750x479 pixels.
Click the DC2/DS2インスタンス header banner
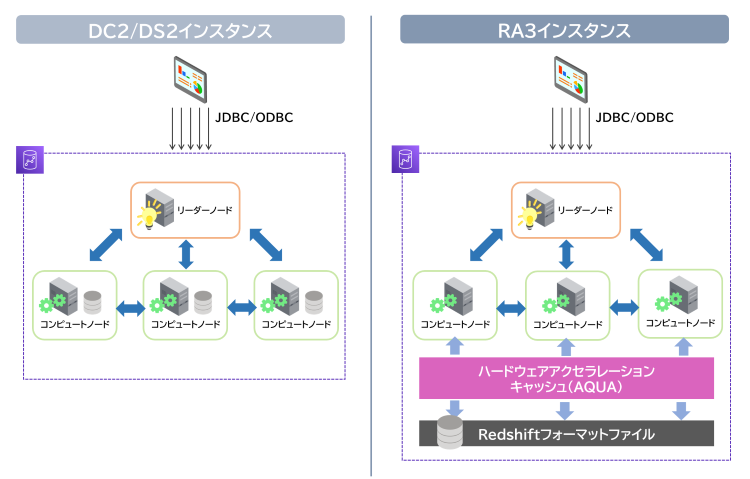pyautogui.click(x=180, y=30)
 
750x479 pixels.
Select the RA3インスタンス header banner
pyautogui.click(x=565, y=30)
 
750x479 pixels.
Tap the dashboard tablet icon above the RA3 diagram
pyautogui.click(x=570, y=81)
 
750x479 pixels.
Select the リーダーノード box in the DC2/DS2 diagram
pyautogui.click(x=186, y=209)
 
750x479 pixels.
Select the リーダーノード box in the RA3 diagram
pyautogui.click(x=565, y=209)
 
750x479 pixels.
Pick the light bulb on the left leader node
pyautogui.click(x=150, y=215)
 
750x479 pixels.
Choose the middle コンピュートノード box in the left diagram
pyautogui.click(x=186, y=305)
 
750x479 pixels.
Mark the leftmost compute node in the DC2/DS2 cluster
pyautogui.click(x=74, y=305)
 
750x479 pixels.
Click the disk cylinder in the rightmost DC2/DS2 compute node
pyautogui.click(x=314, y=300)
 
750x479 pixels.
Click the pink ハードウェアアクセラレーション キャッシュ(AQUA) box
pyautogui.click(x=565, y=379)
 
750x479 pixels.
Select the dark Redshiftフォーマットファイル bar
pyautogui.click(x=565, y=434)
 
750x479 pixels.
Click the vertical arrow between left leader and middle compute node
pyautogui.click(x=186, y=254)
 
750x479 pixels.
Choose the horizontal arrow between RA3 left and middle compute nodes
pyautogui.click(x=510, y=305)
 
